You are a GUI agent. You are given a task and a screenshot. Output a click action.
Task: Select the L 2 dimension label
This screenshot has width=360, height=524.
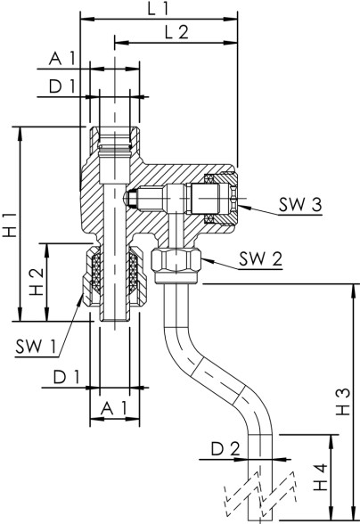tap(176, 32)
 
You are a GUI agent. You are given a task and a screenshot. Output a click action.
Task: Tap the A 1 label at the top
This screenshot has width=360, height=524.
tap(61, 59)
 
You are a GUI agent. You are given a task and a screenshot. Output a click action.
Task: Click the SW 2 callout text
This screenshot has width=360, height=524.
tap(261, 260)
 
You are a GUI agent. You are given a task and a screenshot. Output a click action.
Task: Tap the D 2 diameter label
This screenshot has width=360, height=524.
tap(225, 447)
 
